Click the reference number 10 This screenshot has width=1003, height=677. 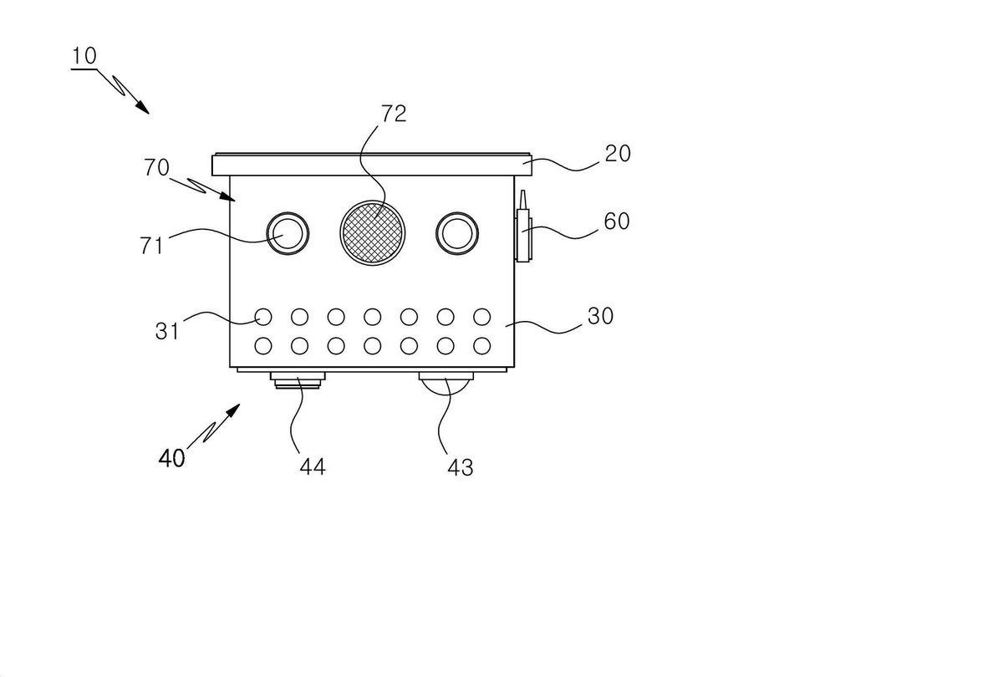pos(84,56)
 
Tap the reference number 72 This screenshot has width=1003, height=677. pos(394,114)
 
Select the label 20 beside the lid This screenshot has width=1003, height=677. pos(618,154)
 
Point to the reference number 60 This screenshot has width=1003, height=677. pos(617,221)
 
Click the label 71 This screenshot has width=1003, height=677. pos(152,246)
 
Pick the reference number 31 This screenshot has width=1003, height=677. pos(167,331)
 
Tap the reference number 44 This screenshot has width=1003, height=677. pos(313,467)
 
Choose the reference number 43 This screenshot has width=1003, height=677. pos(461,467)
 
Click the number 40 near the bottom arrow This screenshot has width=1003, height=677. pos(172,459)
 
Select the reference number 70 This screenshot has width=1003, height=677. pos(156,168)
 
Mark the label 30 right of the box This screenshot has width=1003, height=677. pos(600,316)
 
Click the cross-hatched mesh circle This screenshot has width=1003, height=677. pos(373,233)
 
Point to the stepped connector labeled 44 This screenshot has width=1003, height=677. pos(298,380)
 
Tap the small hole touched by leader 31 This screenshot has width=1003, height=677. pos(263,317)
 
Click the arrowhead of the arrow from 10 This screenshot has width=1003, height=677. pos(142,108)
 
